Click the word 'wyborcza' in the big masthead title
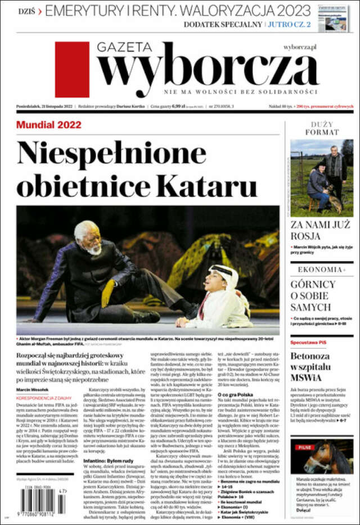pos(208,66)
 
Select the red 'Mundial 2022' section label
pos(49,124)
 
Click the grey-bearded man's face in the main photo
pos(91,239)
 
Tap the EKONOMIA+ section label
pos(320,270)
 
